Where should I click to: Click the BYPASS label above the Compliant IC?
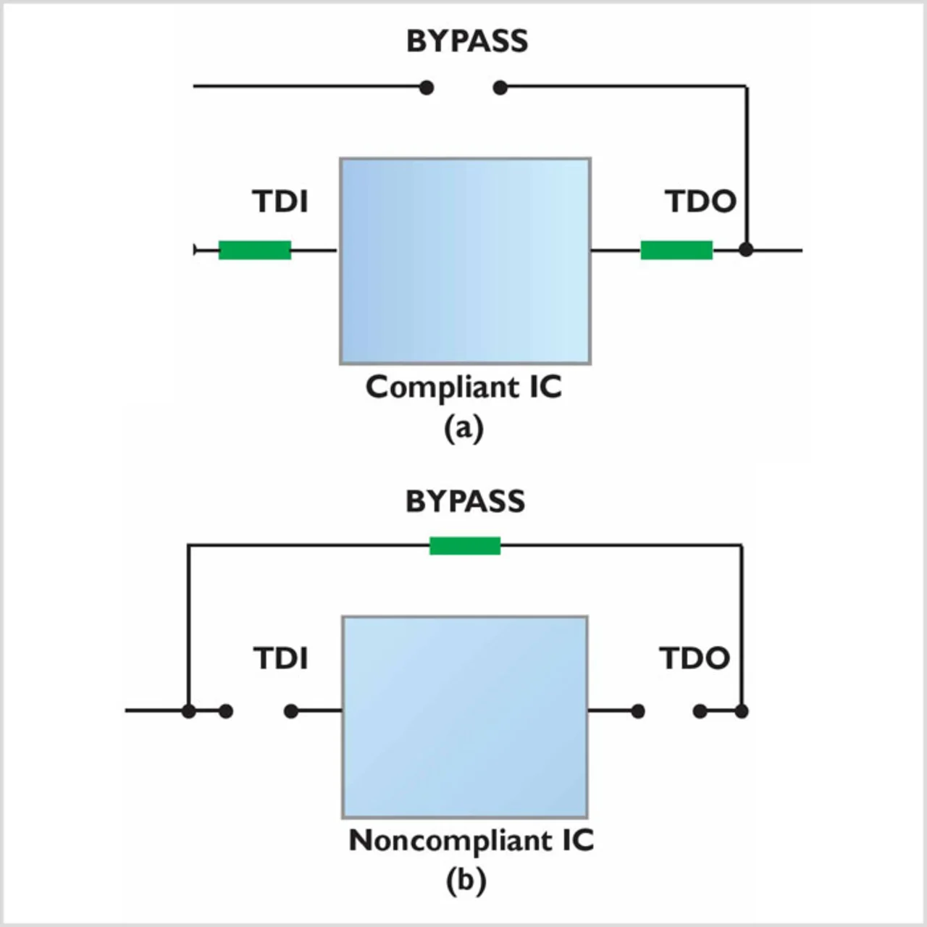467,41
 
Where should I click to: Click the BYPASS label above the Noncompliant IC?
465,501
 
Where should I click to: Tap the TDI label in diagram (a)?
280,201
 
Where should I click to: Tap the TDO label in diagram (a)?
700,201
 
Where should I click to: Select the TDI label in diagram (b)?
280,658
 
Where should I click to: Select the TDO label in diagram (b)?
694,658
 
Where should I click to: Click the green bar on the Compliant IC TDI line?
255,250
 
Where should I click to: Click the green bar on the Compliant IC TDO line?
676,250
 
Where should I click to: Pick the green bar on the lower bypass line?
465,545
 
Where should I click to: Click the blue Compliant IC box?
465,261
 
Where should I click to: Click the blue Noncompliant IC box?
465,717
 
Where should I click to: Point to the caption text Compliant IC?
463,387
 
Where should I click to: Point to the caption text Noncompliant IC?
471,840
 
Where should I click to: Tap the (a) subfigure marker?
463,428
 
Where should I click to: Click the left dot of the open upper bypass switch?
427,88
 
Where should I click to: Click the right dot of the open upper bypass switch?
500,88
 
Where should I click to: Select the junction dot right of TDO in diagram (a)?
746,250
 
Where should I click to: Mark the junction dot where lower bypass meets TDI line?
188,711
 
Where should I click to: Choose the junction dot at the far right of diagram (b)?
741,711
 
